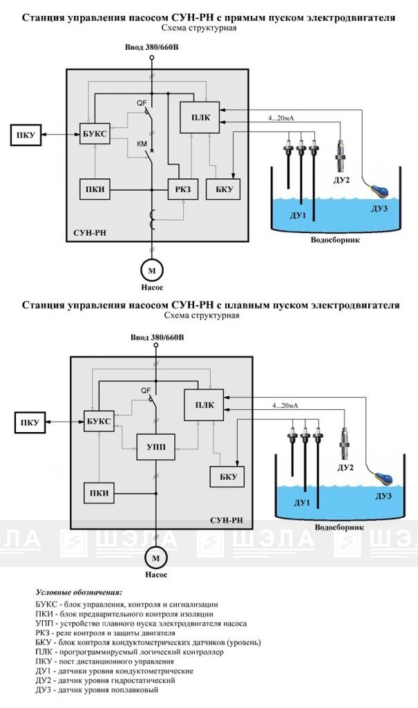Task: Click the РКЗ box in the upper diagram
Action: tap(183, 189)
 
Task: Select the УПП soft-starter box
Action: tap(156, 447)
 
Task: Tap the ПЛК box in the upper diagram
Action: tap(200, 118)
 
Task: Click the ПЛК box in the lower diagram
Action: tap(205, 405)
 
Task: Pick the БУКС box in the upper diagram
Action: tap(95, 133)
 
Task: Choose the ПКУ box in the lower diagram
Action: tap(30, 423)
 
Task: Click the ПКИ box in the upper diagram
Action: tap(95, 189)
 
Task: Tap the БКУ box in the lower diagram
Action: tap(227, 477)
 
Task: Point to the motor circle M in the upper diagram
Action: tap(152, 270)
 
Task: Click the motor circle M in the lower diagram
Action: tap(155, 558)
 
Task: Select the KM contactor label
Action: tap(142, 145)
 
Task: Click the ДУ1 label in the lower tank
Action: tap(301, 503)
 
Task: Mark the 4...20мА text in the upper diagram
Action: tap(281, 118)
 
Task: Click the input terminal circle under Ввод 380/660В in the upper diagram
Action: tap(152, 58)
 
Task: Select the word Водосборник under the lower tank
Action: tap(339, 528)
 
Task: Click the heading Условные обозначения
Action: tap(79, 593)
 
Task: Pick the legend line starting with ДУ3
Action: tap(97, 690)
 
